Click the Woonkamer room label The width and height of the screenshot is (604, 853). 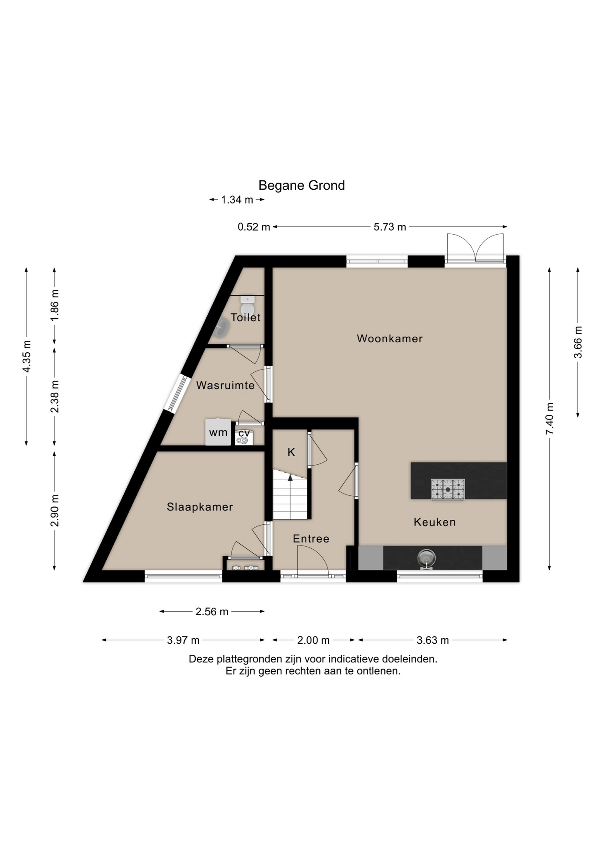pyautogui.click(x=390, y=339)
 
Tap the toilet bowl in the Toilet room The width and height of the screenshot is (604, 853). pyautogui.click(x=247, y=307)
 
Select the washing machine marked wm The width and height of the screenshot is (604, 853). pyautogui.click(x=218, y=432)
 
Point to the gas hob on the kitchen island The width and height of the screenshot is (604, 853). pyautogui.click(x=447, y=490)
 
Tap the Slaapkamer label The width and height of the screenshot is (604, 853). pyautogui.click(x=200, y=507)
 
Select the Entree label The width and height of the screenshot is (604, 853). pyautogui.click(x=311, y=539)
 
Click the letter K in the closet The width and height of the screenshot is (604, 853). pyautogui.click(x=291, y=452)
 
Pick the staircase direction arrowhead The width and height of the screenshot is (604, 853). pyautogui.click(x=290, y=478)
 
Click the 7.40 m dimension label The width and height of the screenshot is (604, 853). pyautogui.click(x=550, y=419)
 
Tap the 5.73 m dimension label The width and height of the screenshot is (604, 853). pyautogui.click(x=390, y=227)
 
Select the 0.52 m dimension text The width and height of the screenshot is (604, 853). pyautogui.click(x=254, y=227)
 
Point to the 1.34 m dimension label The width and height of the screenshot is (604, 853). pyautogui.click(x=237, y=200)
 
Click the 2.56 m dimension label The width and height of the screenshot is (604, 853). pyautogui.click(x=212, y=612)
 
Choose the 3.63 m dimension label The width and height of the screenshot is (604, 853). pyautogui.click(x=433, y=640)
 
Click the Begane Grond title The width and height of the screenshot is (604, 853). pyautogui.click(x=302, y=185)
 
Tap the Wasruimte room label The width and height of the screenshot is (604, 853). pyautogui.click(x=225, y=385)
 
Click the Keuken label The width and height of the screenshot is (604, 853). pyautogui.click(x=435, y=522)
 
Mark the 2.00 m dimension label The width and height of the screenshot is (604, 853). pyautogui.click(x=314, y=640)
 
